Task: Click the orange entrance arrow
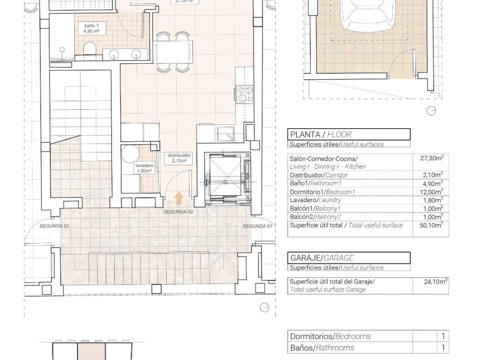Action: click(x=179, y=198)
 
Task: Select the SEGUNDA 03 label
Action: click(x=55, y=226)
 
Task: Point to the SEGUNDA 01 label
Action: click(x=258, y=226)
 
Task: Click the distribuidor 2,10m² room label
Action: click(x=179, y=157)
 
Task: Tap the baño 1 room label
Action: click(x=91, y=28)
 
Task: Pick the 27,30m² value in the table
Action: click(x=432, y=159)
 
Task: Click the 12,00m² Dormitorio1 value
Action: click(x=432, y=191)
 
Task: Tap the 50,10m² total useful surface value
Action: click(x=432, y=225)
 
